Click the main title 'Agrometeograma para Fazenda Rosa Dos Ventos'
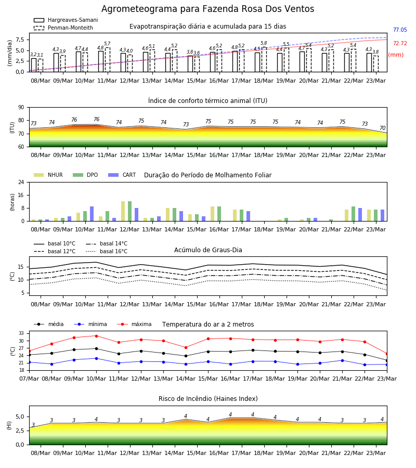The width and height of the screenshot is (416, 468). tap(207, 9)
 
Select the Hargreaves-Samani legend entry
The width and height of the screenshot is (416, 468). tap(66, 20)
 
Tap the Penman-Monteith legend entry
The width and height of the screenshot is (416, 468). tap(63, 28)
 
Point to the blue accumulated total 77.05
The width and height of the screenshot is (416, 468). tap(400, 30)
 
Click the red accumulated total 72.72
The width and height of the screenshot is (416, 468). tap(400, 43)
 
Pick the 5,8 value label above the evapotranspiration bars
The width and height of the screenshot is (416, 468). tap(264, 43)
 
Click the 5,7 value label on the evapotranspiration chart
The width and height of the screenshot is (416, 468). tap(107, 44)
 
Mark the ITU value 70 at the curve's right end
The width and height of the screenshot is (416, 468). tap(382, 128)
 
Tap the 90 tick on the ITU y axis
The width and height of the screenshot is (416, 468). tap(21, 108)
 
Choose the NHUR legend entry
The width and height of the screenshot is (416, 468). tap(48, 175)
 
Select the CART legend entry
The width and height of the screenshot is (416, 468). tap(122, 175)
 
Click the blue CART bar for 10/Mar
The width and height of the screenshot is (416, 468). tap(92, 214)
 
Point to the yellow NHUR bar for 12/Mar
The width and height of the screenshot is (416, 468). tap(123, 211)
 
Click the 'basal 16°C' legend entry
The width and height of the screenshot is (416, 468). tap(107, 251)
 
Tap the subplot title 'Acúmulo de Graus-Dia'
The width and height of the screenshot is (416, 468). tap(208, 250)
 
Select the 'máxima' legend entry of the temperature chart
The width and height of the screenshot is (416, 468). tap(134, 324)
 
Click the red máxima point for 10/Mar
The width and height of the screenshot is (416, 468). tap(96, 336)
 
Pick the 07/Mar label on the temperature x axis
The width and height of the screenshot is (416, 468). tap(29, 379)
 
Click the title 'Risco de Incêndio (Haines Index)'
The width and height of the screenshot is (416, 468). tap(208, 398)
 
